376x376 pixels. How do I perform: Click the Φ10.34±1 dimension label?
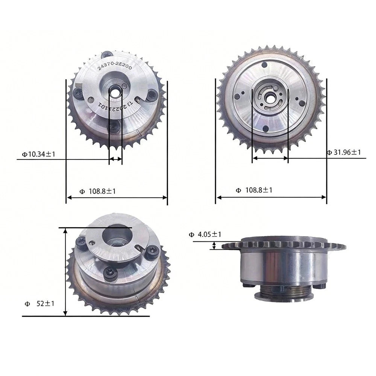click(39, 154)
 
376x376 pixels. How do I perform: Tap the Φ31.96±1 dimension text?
click(344, 152)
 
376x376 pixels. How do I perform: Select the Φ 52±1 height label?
click(39, 304)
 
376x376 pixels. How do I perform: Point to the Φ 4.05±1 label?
click(205, 234)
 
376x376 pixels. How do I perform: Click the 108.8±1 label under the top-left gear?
click(98, 191)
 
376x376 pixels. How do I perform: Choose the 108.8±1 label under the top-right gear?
click(254, 190)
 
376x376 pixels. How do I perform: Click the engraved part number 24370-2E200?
click(115, 65)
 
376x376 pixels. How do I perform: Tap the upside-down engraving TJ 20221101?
click(115, 106)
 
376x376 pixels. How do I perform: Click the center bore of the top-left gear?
click(115, 92)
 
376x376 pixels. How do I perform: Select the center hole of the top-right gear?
click(270, 97)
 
